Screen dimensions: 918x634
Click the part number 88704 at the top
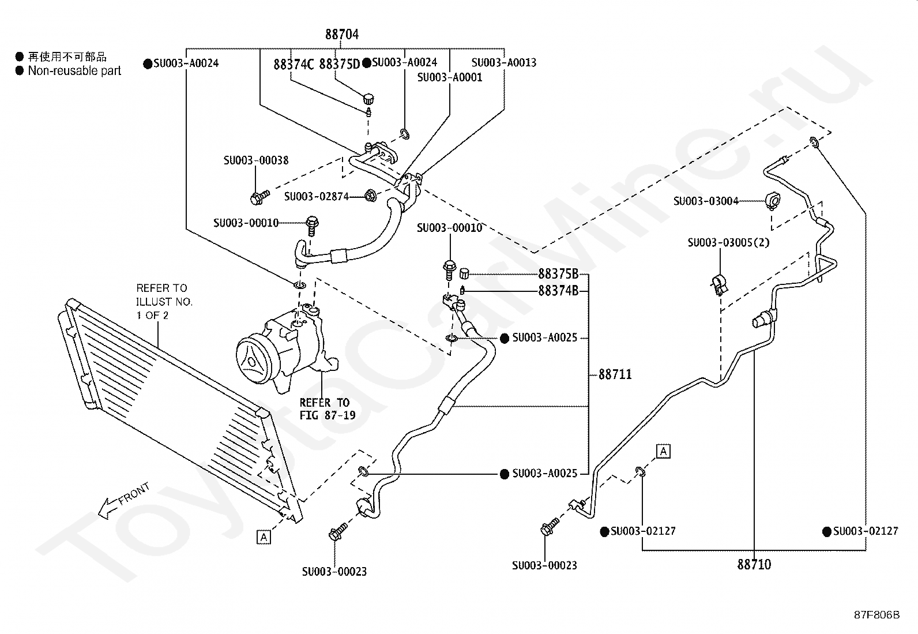click(342, 35)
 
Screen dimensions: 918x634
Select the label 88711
click(615, 374)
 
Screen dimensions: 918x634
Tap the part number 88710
click(754, 565)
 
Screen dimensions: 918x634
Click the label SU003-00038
click(255, 160)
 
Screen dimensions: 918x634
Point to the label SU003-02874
click(317, 197)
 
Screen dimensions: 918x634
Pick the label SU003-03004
click(706, 201)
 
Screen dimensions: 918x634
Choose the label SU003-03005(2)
click(728, 242)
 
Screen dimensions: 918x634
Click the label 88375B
click(558, 273)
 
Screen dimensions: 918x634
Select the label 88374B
click(558, 291)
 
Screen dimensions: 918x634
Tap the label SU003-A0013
click(503, 63)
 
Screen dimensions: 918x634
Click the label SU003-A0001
click(450, 77)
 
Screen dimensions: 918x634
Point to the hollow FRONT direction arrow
click(123, 500)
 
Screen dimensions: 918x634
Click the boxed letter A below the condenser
click(264, 537)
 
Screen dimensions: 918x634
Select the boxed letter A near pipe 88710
click(663, 452)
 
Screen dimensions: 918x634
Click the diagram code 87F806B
click(876, 615)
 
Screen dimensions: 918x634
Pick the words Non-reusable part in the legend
click(74, 71)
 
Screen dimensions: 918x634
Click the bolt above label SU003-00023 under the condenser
click(338, 531)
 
